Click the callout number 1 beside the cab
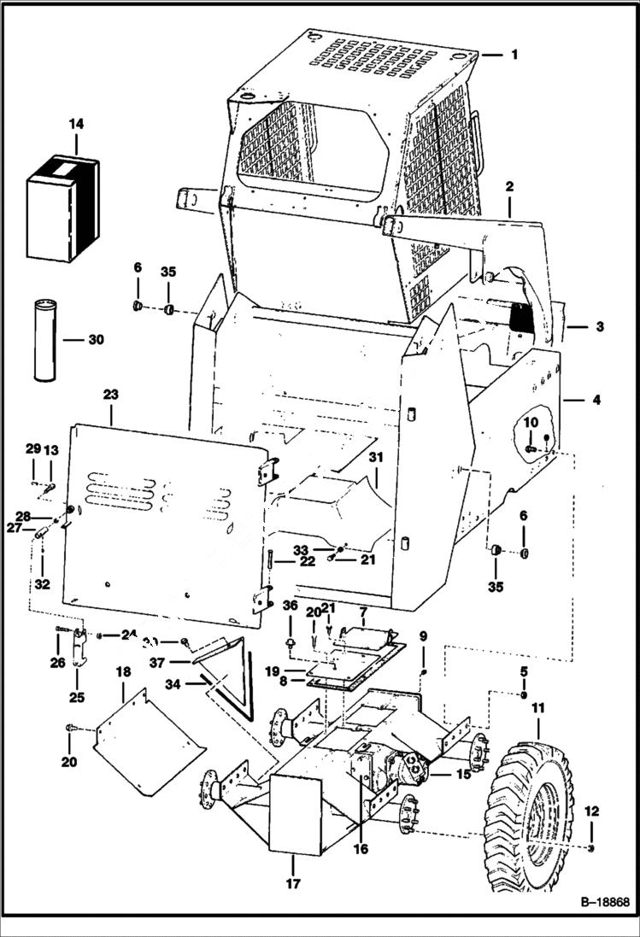(x=514, y=54)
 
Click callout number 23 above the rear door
(x=111, y=395)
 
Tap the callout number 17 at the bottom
(x=293, y=884)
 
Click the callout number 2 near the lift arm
(x=509, y=185)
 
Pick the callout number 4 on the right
(x=595, y=399)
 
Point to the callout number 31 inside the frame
(x=377, y=458)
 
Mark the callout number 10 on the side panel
(x=531, y=422)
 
